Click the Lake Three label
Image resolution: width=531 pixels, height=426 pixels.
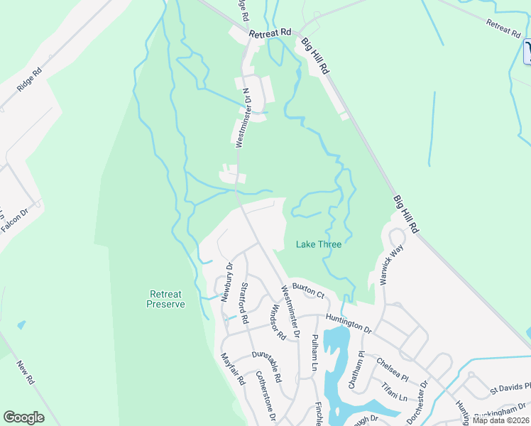[318, 244]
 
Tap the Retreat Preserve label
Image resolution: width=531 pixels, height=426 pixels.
[165, 299]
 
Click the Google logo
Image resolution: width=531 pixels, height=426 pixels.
[24, 417]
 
